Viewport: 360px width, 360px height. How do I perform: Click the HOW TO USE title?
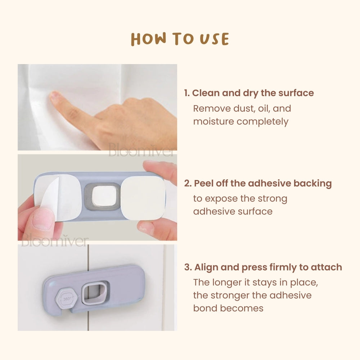click(x=180, y=39)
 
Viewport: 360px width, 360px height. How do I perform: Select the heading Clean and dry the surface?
click(x=253, y=93)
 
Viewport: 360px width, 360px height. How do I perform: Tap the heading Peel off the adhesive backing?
click(x=263, y=184)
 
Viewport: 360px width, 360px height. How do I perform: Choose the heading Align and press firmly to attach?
click(x=268, y=267)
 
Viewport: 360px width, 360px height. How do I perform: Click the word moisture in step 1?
click(x=213, y=121)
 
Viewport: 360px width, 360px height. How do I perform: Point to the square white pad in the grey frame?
click(x=104, y=196)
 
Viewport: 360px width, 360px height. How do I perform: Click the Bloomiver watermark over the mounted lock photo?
click(x=55, y=240)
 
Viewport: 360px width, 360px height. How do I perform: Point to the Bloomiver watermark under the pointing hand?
click(x=141, y=150)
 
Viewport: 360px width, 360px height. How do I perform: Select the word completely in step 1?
click(x=262, y=121)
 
